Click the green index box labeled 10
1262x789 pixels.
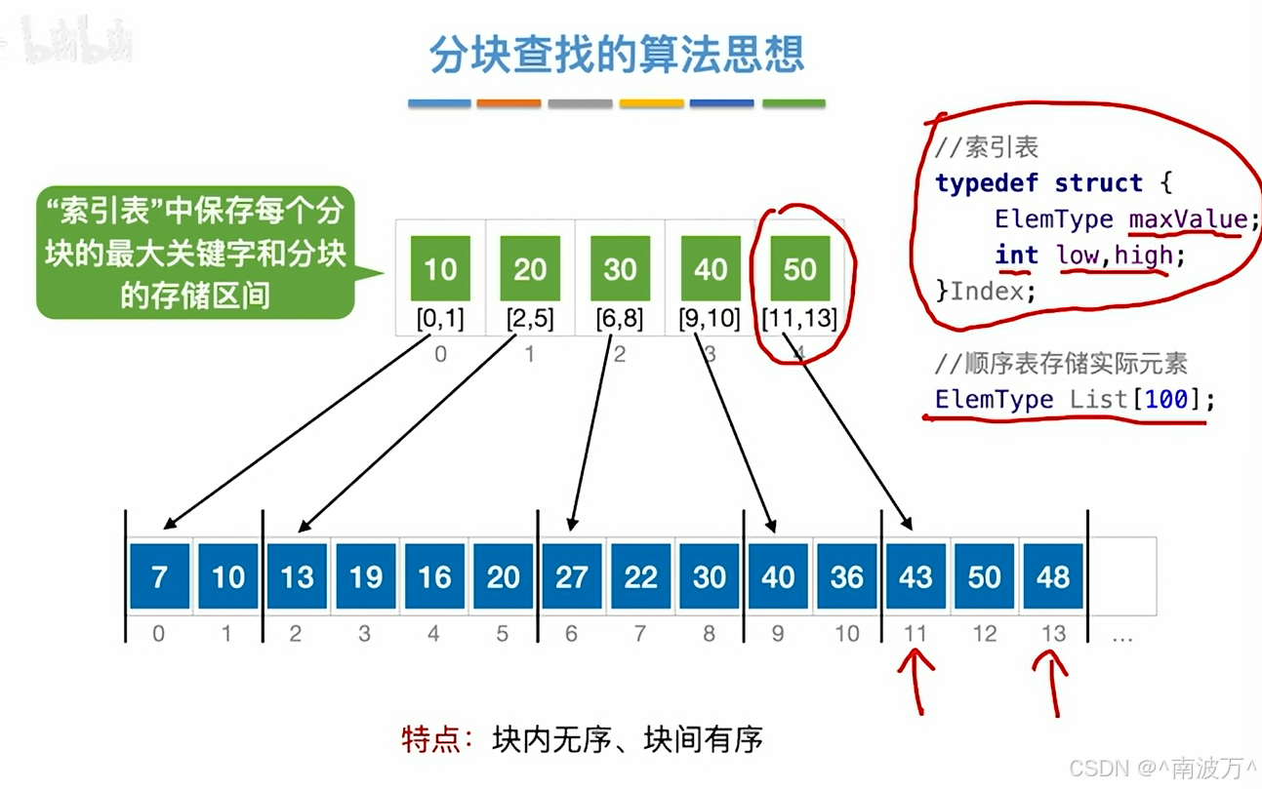coord(440,268)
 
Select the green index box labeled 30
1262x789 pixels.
coord(620,268)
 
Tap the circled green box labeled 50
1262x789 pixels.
coord(799,268)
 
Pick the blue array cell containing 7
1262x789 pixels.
coord(159,576)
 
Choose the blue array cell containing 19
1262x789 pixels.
coord(366,576)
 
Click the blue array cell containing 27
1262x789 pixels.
coord(572,576)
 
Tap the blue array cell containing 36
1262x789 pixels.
coord(846,576)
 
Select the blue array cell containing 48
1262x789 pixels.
coord(1053,576)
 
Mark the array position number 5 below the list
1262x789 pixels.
coord(503,634)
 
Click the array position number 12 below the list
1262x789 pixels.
coord(984,634)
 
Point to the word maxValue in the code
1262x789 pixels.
coord(1188,218)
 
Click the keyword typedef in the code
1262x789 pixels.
coord(987,182)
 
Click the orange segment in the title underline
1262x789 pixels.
coord(509,102)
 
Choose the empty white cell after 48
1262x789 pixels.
coord(1122,576)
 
